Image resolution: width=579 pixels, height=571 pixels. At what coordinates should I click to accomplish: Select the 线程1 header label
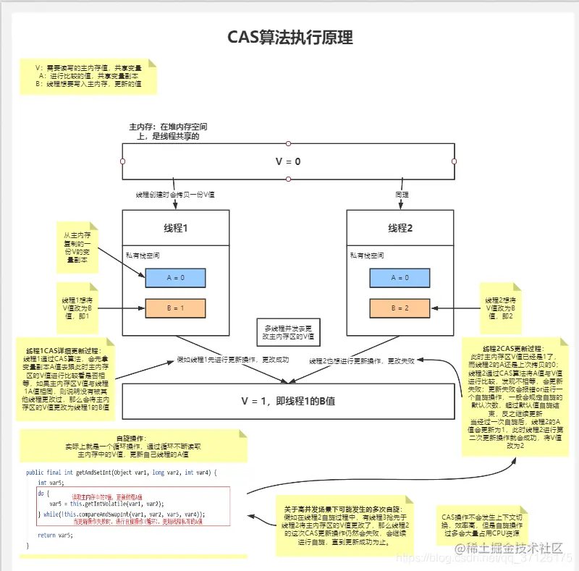click(x=175, y=228)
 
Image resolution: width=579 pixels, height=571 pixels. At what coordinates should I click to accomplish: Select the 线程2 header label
click(x=400, y=228)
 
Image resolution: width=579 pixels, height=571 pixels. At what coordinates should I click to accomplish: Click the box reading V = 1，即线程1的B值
click(x=288, y=400)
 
